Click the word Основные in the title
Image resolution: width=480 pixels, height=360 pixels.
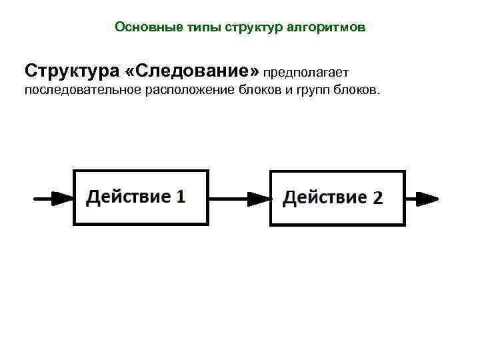pos(138,27)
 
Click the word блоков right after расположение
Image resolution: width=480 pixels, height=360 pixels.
pos(261,90)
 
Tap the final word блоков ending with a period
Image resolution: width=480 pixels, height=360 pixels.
pos(357,90)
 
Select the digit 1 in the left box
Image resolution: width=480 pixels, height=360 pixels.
pos(180,197)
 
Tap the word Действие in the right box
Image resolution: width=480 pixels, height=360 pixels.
pos(325,197)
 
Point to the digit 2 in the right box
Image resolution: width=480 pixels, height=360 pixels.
pos(377,198)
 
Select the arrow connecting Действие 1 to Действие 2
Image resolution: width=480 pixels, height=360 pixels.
pos(240,197)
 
